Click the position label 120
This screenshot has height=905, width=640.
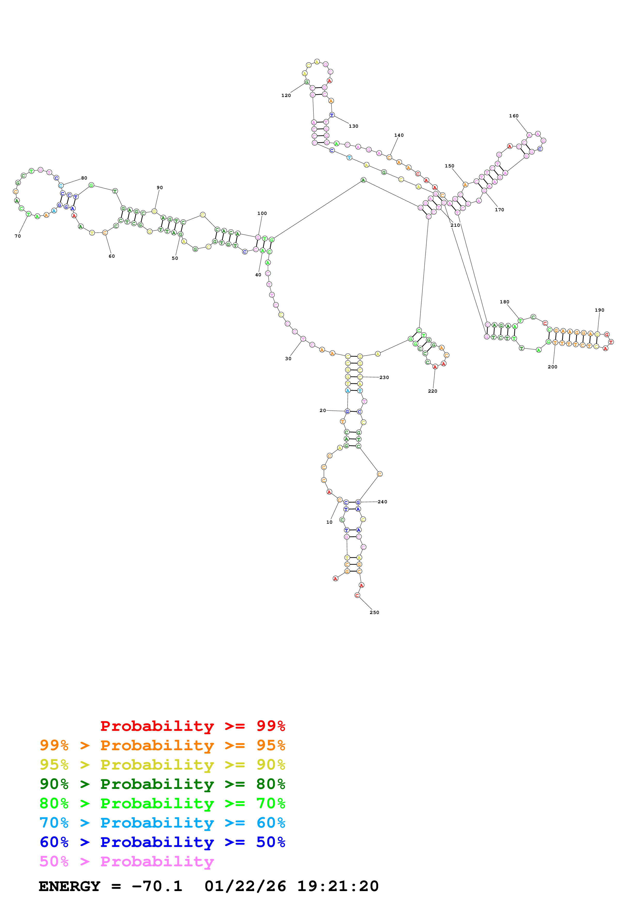pyautogui.click(x=286, y=95)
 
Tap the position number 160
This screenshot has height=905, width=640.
pyautogui.click(x=513, y=116)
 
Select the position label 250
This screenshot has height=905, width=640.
pyautogui.click(x=374, y=612)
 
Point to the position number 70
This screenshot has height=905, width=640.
pyautogui.click(x=18, y=236)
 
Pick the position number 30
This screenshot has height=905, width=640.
pyautogui.click(x=288, y=359)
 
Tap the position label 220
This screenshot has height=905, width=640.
pyautogui.click(x=433, y=391)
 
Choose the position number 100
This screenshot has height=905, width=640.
pyautogui.click(x=262, y=213)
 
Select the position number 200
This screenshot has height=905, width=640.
pyautogui.click(x=552, y=367)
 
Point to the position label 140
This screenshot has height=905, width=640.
pyautogui.click(x=399, y=135)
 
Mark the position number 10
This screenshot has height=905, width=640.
pyautogui.click(x=329, y=522)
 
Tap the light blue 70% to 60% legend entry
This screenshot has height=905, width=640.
pyautogui.click(x=162, y=823)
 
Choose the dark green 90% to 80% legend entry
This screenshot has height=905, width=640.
pyautogui.click(x=162, y=784)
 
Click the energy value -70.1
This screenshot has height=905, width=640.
pyautogui.click(x=157, y=886)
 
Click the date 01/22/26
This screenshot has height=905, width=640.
pyautogui.click(x=245, y=886)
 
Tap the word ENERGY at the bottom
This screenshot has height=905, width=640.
pyautogui.click(x=69, y=886)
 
